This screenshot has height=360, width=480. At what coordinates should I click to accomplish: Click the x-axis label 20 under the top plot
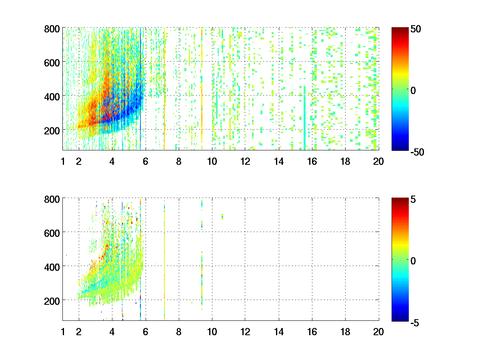click(x=378, y=162)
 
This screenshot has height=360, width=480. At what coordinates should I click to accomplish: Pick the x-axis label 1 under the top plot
click(x=63, y=162)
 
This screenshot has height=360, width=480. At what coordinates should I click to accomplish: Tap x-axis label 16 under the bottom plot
click(x=312, y=332)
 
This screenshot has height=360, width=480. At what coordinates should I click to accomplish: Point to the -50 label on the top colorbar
click(x=417, y=152)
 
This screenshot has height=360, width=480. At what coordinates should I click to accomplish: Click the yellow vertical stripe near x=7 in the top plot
click(x=164, y=88)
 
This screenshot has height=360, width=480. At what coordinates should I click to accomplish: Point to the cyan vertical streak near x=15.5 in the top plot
click(x=304, y=120)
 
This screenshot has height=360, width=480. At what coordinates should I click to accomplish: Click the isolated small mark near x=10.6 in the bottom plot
click(x=222, y=217)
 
